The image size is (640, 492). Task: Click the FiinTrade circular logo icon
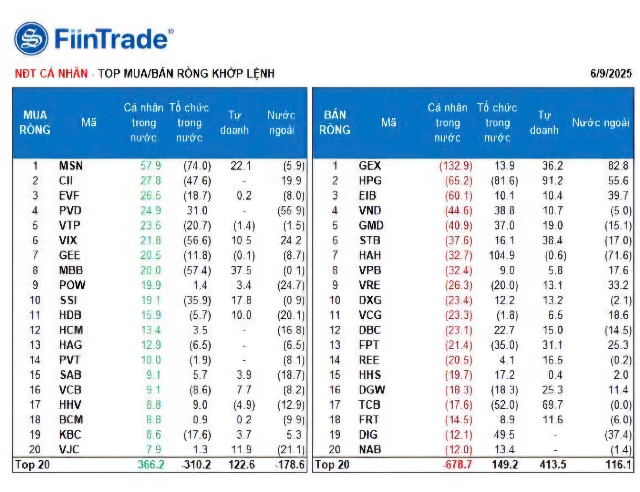point(32,38)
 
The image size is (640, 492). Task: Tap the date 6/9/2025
point(610,73)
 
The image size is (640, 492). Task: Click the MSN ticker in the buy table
point(71,166)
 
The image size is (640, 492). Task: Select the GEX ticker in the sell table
point(369,166)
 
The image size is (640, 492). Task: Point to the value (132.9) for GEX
point(455,166)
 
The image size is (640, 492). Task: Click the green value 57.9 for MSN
point(150,166)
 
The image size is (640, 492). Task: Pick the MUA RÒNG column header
point(35,122)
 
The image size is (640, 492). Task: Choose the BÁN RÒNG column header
point(334,122)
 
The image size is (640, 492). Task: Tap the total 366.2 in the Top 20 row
point(151,465)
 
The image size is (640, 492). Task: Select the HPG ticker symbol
point(370,181)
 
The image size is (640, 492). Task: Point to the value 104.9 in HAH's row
point(502,255)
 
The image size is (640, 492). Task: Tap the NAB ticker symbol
point(370,450)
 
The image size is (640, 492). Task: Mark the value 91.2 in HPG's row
point(552,181)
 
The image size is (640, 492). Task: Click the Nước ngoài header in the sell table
point(600,122)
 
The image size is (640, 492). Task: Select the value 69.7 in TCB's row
point(552,405)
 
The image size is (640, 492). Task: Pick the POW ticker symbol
point(72,285)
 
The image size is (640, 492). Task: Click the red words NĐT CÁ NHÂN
point(51,73)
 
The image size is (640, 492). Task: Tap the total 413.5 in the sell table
point(553,465)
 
